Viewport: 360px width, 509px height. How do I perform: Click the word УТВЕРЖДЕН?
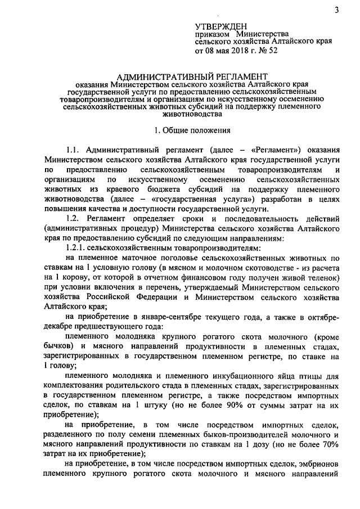pos(221,26)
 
